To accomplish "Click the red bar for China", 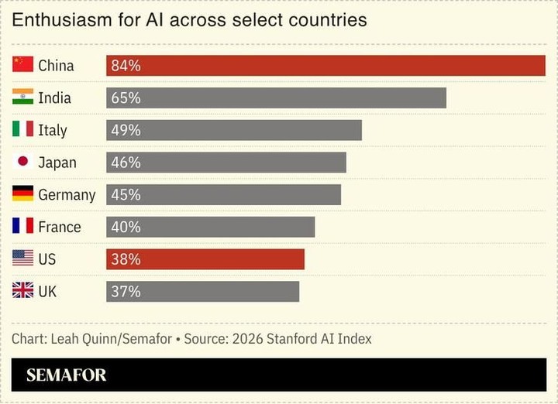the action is point(325,66).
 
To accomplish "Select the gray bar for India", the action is point(276,98).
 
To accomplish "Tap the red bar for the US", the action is point(205,259).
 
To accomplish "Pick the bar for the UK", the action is point(203,292).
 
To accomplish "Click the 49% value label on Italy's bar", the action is point(126,130).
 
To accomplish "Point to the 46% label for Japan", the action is point(126,163).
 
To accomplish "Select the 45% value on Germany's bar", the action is point(126,195).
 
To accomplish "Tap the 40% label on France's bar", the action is point(126,227).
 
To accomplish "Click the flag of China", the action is point(22,64).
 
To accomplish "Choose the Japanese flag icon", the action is point(22,161).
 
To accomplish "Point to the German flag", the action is point(22,193).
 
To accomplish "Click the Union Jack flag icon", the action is point(22,290).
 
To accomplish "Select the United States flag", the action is point(22,258).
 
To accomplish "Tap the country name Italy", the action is point(53,131).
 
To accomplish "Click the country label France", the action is point(60,227).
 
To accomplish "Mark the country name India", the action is point(55,98).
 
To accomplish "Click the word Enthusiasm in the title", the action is point(62,20).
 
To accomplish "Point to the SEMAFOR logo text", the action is point(66,375).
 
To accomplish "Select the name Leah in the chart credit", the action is point(65,339).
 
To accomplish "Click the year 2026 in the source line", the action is point(248,339).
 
